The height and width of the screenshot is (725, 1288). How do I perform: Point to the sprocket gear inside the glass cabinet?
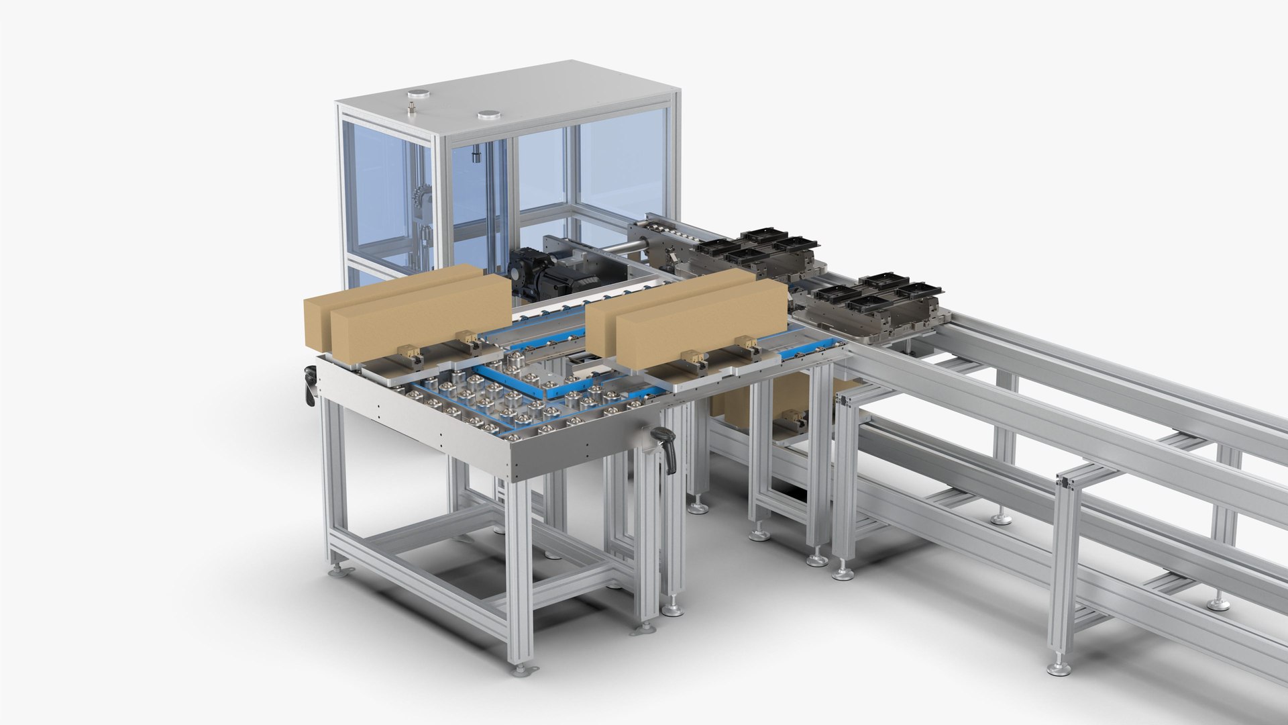pyautogui.click(x=419, y=197)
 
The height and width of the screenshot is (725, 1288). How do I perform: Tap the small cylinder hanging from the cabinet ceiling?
pyautogui.click(x=475, y=156)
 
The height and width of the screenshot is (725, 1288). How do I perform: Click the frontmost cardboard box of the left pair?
pyautogui.click(x=419, y=316)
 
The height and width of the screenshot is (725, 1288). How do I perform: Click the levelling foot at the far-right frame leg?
pyautogui.click(x=1218, y=604)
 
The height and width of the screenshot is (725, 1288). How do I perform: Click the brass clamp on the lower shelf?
pyautogui.click(x=790, y=419)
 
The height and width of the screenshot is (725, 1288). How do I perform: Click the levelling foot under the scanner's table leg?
pyautogui.click(x=673, y=610)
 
